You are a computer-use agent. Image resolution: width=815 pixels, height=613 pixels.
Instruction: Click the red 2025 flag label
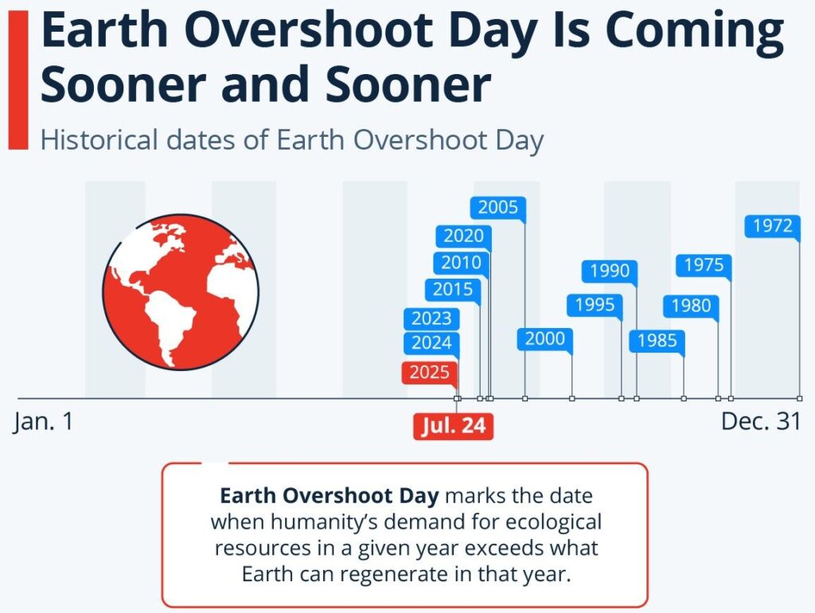tap(429, 373)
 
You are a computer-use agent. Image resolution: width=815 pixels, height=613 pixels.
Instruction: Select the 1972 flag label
tap(772, 225)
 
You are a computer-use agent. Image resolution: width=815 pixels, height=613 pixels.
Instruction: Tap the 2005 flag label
tap(498, 208)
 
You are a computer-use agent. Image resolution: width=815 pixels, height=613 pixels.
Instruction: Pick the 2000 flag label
tap(544, 339)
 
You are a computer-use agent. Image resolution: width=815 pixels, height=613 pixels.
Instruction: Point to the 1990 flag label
tap(610, 271)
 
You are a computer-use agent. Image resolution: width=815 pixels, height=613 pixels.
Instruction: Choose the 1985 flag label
tap(657, 341)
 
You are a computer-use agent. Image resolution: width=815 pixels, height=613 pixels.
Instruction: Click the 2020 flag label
tap(463, 236)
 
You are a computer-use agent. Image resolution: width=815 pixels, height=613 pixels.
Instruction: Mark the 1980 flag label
tap(691, 306)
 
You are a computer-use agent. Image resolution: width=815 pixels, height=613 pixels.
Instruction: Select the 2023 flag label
tap(431, 318)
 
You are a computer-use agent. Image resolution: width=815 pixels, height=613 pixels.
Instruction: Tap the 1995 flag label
tap(595, 305)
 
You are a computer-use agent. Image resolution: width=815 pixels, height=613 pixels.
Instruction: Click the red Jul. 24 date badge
tap(453, 426)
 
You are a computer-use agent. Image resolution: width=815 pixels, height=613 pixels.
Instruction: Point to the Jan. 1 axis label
tap(44, 421)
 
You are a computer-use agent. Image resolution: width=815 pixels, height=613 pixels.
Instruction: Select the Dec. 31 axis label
tap(760, 421)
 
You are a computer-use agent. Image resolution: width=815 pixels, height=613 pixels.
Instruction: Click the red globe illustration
tap(181, 292)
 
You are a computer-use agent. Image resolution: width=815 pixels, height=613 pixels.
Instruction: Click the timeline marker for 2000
tap(571, 399)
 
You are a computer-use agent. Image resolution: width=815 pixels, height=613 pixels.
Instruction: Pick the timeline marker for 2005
tap(525, 399)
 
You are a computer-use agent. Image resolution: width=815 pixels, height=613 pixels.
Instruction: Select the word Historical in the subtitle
tap(99, 140)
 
